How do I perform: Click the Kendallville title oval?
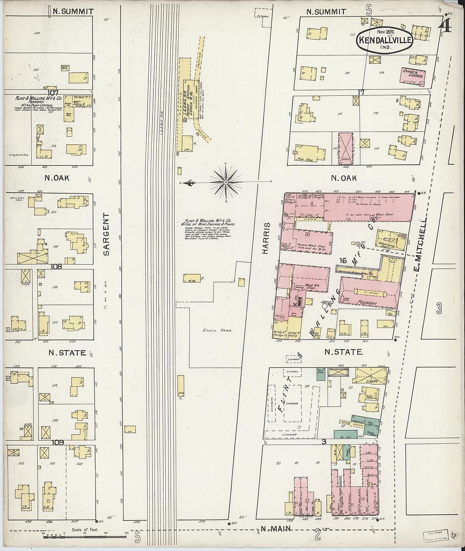[x=385, y=41]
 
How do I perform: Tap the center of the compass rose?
[x=226, y=182]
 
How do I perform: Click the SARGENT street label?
[x=106, y=234]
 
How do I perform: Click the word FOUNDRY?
[x=367, y=302]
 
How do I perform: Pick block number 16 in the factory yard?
[x=342, y=261]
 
